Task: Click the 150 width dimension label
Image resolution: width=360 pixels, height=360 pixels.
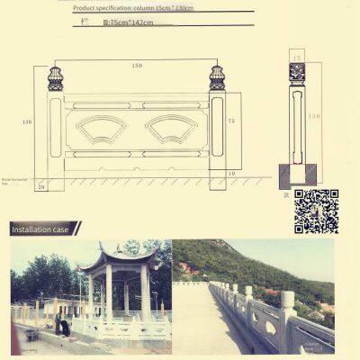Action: (138, 66)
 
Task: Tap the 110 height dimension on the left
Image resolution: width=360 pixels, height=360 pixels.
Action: (27, 122)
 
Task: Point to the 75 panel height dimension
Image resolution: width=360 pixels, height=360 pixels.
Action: (231, 121)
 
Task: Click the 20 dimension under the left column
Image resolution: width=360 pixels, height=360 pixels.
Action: (41, 186)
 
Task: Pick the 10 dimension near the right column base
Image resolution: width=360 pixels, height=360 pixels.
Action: (231, 173)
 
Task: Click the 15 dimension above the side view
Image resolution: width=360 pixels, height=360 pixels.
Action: (297, 57)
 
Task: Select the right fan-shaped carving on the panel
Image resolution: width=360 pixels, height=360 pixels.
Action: (171, 128)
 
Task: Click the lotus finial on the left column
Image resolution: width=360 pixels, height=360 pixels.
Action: (55, 78)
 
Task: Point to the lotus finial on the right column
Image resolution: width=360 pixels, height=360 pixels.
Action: (216, 78)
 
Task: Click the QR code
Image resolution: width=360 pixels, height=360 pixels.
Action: (316, 211)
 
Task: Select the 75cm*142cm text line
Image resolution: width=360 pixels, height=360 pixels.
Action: (128, 21)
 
